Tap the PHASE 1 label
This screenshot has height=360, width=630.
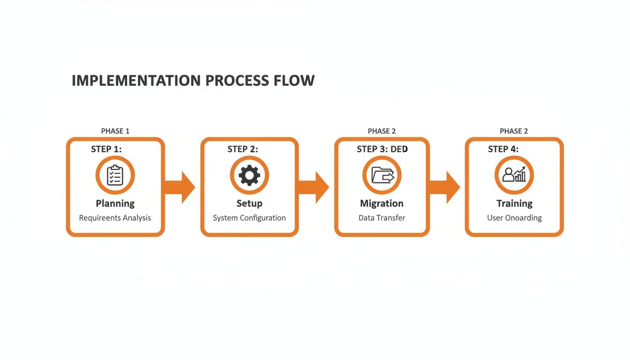(x=115, y=131)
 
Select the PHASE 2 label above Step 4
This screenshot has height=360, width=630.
(x=514, y=131)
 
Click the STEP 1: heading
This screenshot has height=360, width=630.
(x=106, y=149)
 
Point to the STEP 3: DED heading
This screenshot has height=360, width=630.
(x=382, y=149)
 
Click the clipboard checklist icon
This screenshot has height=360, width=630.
(x=115, y=176)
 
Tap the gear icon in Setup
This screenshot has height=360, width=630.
(x=249, y=176)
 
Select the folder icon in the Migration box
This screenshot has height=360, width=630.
(x=382, y=176)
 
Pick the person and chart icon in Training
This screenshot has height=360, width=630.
(x=514, y=176)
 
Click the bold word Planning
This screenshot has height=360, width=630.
(x=115, y=203)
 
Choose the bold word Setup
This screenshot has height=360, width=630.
(x=249, y=203)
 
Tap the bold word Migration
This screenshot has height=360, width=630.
(x=382, y=203)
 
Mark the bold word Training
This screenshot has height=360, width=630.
(x=514, y=203)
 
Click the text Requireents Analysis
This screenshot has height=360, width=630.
(x=115, y=218)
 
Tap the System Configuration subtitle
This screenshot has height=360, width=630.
(x=249, y=218)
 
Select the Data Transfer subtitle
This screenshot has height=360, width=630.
(x=382, y=218)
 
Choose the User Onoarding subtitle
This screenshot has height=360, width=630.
(x=514, y=218)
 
